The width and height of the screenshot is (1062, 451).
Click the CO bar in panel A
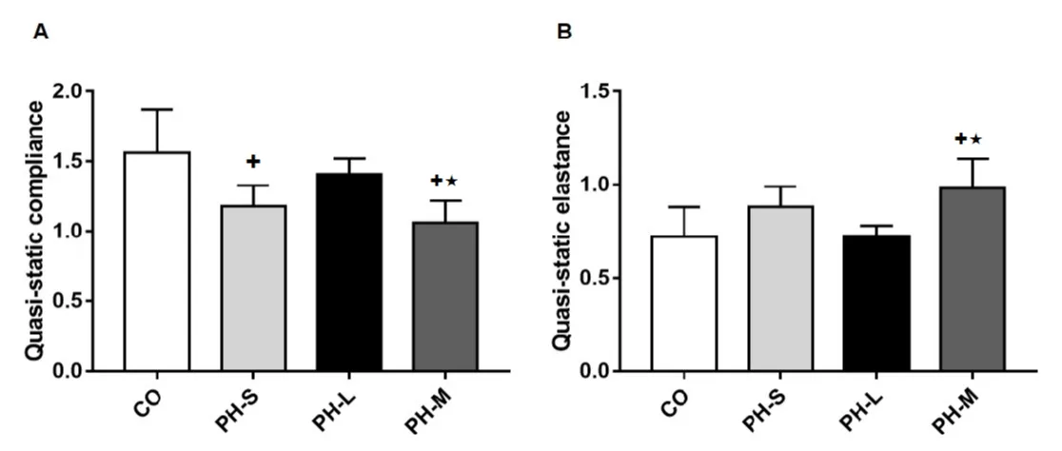pos(158,261)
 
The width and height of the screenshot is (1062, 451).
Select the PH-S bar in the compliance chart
pos(254,287)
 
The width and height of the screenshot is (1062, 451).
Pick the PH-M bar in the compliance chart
pos(445,296)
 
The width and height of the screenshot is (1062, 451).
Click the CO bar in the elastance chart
pos(683,303)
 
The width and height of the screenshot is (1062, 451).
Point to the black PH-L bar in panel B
pos(876,303)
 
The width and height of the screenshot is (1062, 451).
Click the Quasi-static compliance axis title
pos(34,230)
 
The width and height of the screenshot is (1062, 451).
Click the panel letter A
pos(40,32)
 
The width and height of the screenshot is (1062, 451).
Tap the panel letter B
pos(564,32)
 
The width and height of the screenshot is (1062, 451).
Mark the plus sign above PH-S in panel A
pos(252,162)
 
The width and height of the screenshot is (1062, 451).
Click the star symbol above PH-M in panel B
pos(975,140)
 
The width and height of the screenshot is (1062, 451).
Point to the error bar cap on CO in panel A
pos(158,109)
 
